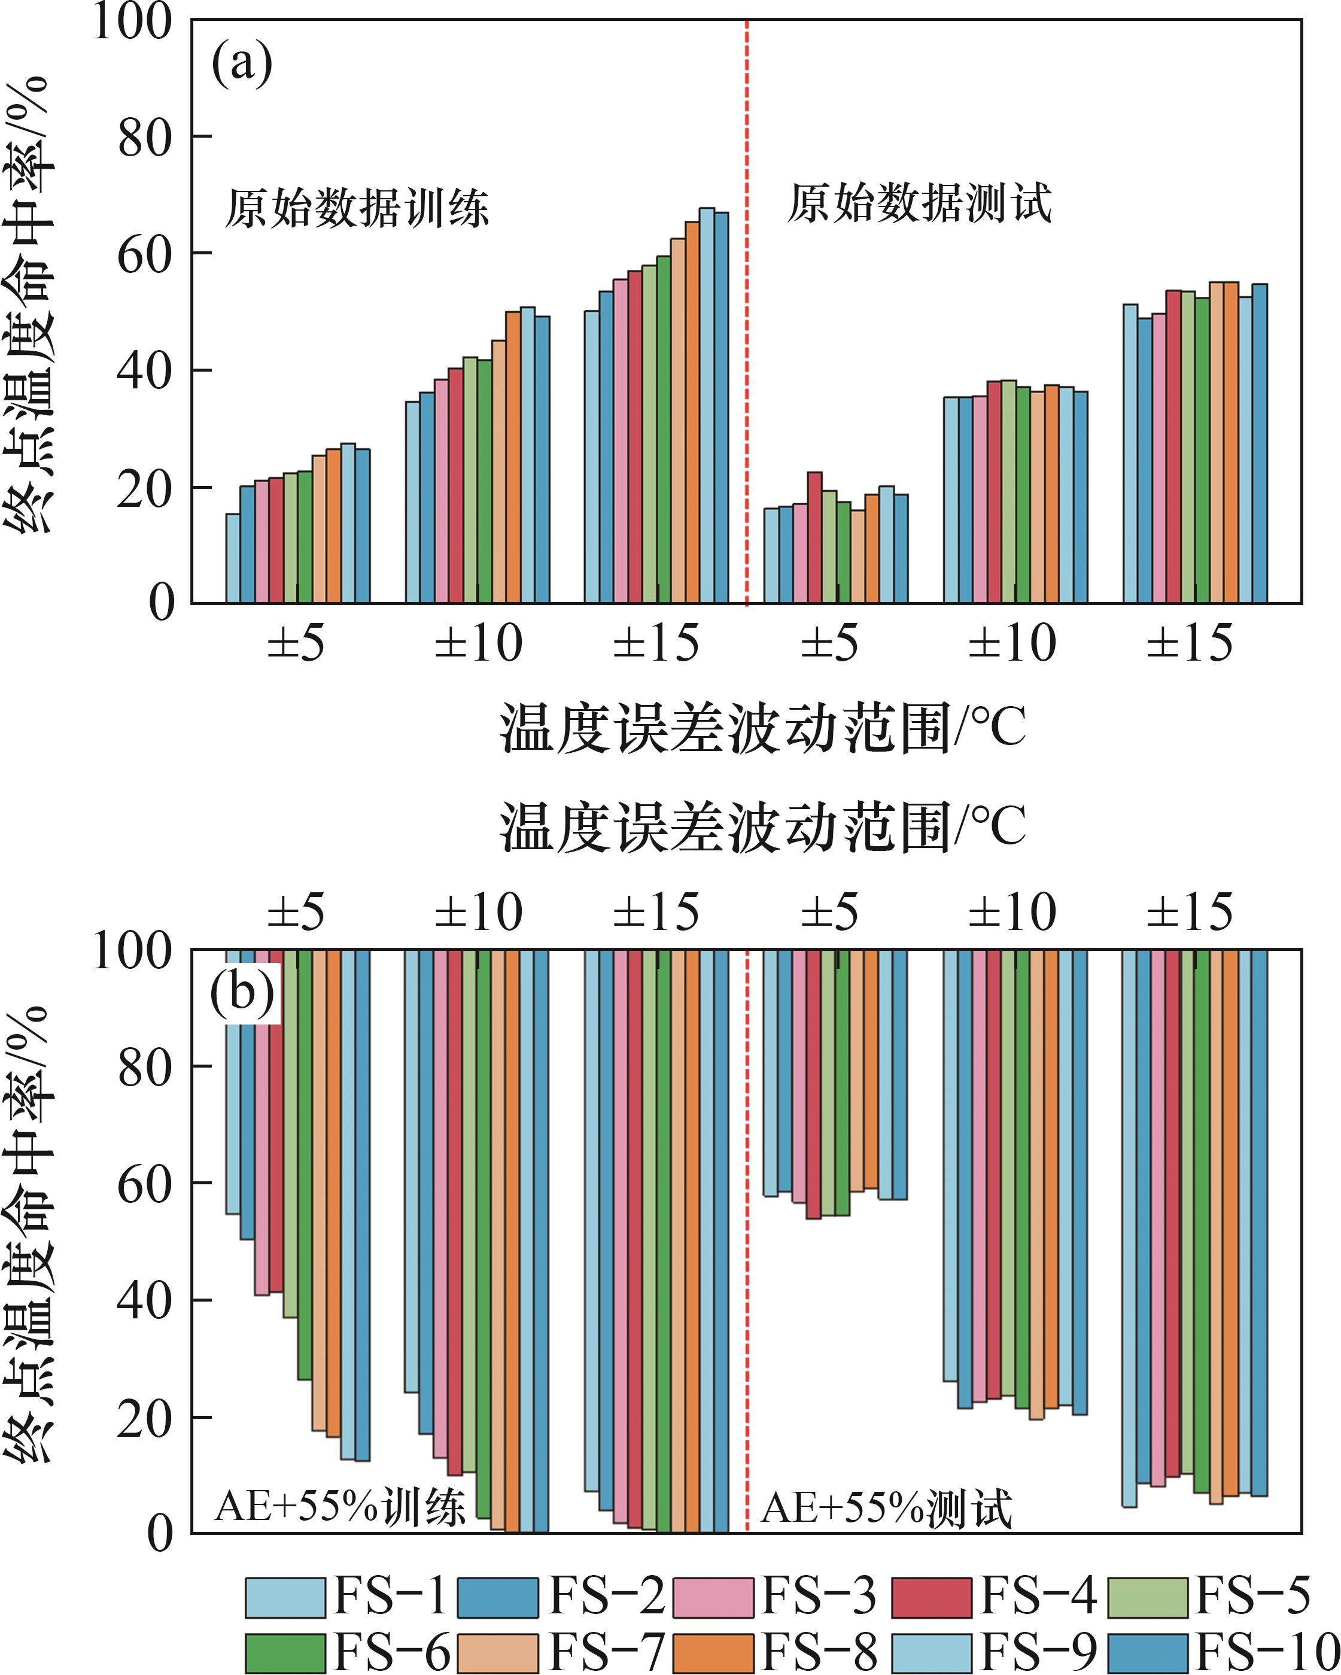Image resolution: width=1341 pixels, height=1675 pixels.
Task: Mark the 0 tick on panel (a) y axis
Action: point(162,604)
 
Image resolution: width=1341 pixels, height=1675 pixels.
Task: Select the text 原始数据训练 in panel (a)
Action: point(357,208)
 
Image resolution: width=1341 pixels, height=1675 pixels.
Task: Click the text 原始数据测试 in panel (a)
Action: point(919,203)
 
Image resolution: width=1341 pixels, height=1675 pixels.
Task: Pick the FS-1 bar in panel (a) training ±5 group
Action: point(232,558)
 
